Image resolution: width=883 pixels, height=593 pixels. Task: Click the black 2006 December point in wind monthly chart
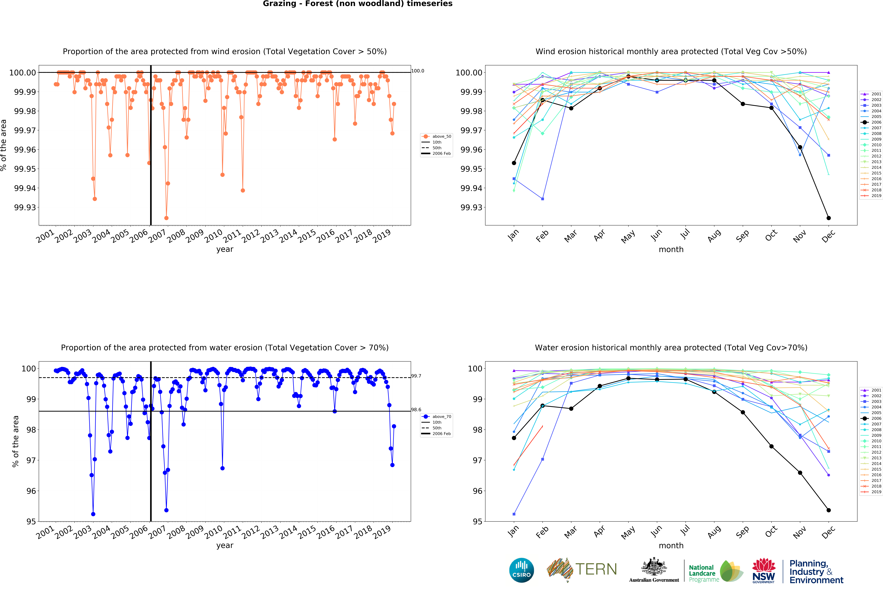(x=829, y=218)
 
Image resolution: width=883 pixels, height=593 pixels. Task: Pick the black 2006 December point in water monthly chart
(x=829, y=510)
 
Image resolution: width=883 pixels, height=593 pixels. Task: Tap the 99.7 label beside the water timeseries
(x=416, y=376)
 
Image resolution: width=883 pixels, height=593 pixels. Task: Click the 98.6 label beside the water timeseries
(x=416, y=410)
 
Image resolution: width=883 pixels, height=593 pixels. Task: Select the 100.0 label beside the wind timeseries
(x=418, y=71)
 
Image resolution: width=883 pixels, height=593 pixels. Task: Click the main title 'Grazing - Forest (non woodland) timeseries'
(x=358, y=4)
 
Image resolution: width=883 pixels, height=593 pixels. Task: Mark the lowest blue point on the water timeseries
(x=93, y=514)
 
